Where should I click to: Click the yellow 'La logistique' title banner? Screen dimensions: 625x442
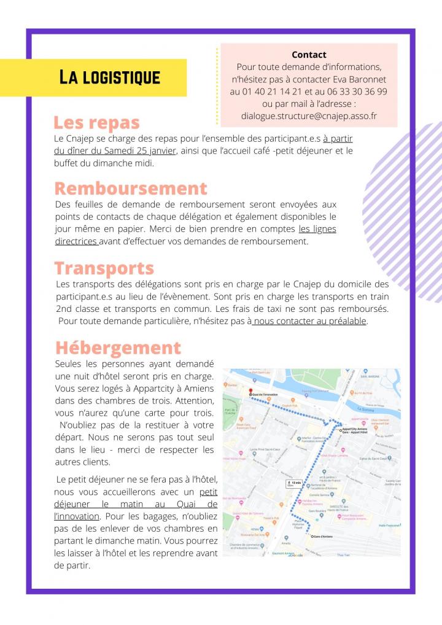pos(109,77)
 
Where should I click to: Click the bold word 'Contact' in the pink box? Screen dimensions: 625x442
pos(309,55)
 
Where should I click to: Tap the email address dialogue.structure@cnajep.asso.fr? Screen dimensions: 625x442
pos(309,115)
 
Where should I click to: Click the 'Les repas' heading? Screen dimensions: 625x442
pos(96,123)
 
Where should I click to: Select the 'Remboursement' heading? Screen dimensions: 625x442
pos(131,188)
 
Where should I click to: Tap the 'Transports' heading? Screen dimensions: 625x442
pos(104,268)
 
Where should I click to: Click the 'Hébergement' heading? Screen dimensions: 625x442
pos(118,348)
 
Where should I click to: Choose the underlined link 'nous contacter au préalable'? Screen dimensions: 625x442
pos(309,320)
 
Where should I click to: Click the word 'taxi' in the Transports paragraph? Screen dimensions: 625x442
pos(273,308)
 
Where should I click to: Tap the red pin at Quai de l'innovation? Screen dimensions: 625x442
pos(250,390)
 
